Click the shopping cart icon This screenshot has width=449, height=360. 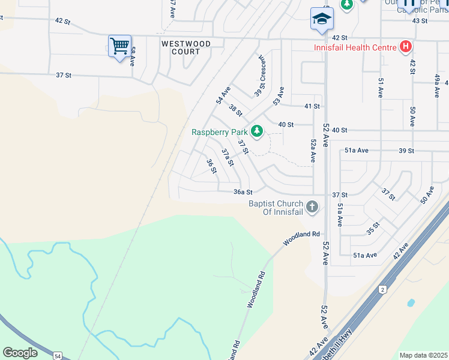point(119,46)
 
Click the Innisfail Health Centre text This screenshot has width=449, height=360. point(355,47)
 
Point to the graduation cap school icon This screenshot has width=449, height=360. point(322,19)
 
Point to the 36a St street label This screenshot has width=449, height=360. point(243,192)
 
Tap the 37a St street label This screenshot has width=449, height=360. point(227,158)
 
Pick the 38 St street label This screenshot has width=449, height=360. point(235,110)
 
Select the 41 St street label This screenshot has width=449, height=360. point(312,106)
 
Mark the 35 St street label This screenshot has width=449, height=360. point(373,229)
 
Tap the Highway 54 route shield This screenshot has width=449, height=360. point(57,356)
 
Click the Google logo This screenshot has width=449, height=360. point(20,353)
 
